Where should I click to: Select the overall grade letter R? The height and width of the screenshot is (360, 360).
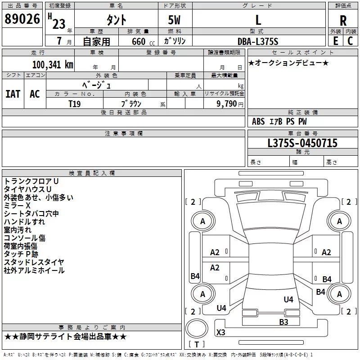click(343, 20)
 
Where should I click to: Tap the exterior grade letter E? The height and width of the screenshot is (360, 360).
click(336, 40)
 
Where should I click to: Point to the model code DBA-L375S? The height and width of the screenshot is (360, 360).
click(258, 41)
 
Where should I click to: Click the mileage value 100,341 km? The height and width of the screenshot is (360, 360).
click(53, 64)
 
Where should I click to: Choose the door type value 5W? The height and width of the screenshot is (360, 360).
click(175, 20)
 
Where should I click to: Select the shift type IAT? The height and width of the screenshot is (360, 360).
click(13, 94)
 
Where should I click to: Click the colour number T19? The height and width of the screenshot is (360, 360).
click(75, 103)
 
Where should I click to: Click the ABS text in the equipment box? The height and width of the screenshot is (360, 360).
click(258, 121)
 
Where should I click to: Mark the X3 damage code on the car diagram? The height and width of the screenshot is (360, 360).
click(221, 333)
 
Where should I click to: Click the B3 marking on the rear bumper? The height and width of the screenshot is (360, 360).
click(283, 322)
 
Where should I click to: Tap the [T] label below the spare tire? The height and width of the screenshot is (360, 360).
click(197, 344)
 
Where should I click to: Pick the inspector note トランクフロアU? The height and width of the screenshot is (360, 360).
click(31, 181)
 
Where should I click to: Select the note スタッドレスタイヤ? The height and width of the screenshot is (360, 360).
click(34, 262)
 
